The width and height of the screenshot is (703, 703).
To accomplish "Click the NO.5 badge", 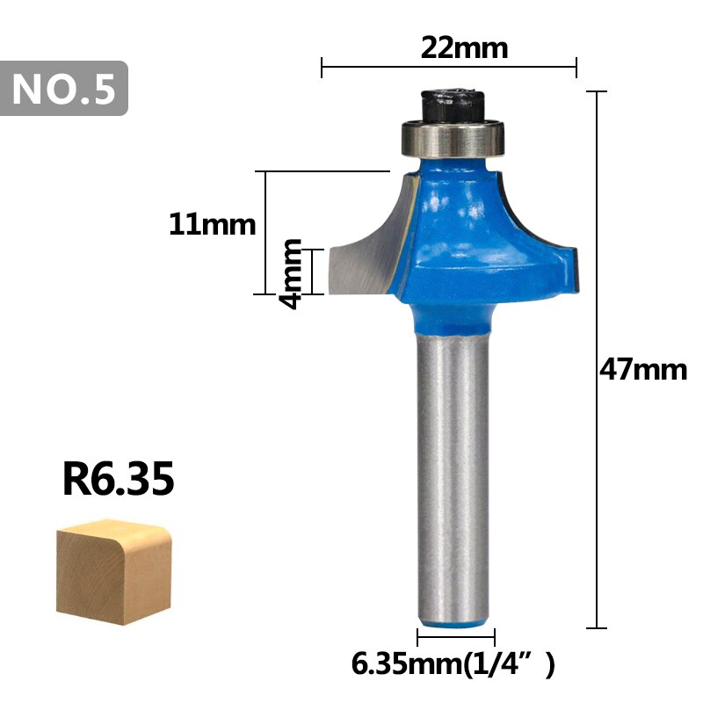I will (x=65, y=88).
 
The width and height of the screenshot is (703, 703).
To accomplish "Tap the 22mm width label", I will (x=464, y=47).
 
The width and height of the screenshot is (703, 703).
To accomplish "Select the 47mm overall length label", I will (x=642, y=369).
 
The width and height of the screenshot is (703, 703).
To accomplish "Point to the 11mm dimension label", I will (x=212, y=225).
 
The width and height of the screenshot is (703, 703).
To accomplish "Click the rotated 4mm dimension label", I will (x=290, y=272).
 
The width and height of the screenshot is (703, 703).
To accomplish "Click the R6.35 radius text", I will (x=119, y=480).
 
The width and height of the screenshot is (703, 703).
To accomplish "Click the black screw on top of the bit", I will (x=450, y=104).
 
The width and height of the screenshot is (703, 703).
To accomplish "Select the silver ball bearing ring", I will (x=452, y=137).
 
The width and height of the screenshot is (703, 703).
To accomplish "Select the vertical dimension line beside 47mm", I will (x=598, y=220).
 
